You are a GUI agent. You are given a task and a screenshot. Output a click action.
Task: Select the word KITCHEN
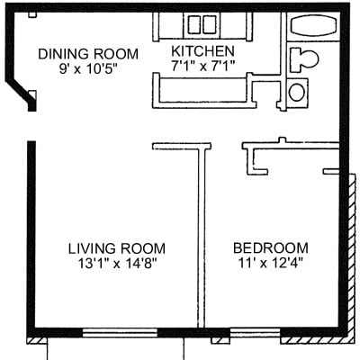point(204,51)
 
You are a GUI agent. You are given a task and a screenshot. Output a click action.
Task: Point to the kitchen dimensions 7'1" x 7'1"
point(204,66)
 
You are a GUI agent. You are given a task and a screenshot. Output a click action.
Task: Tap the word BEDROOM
point(271,248)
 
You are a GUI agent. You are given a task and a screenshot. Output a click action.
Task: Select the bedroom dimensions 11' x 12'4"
point(271,264)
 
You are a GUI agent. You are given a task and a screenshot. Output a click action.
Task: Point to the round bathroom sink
point(298,91)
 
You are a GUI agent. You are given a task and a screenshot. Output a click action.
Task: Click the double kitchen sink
point(202,24)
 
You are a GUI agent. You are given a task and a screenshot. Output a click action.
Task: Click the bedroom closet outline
point(288,157)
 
